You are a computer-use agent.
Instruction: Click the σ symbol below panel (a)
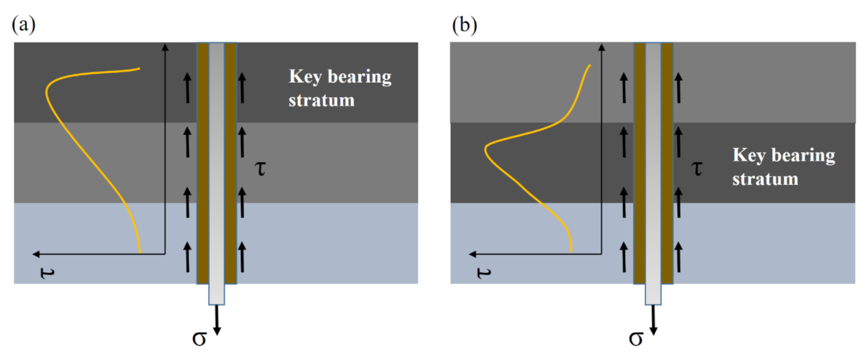click(x=200, y=338)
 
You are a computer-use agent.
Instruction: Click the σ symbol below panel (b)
click(x=636, y=338)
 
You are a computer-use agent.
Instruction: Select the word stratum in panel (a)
click(x=321, y=100)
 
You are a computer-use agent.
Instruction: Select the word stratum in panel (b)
click(x=765, y=178)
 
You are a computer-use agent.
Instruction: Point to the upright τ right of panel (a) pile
click(x=261, y=170)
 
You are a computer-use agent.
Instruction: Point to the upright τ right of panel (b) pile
click(x=698, y=170)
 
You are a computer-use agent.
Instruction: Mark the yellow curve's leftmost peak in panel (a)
click(x=46, y=91)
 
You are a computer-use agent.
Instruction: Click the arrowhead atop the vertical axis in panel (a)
click(x=166, y=46)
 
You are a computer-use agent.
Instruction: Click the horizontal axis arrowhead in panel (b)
click(x=472, y=254)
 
